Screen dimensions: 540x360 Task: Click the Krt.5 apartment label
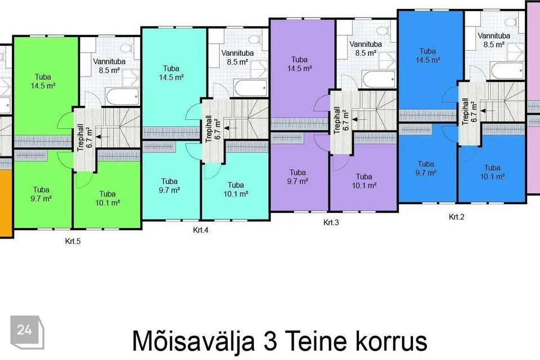[73, 241]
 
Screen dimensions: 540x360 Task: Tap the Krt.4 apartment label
[200, 230]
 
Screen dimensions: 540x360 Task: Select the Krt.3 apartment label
[331, 223]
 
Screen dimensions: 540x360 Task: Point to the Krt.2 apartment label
[456, 217]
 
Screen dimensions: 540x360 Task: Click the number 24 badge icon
[27, 332]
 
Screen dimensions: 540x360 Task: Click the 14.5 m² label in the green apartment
[43, 85]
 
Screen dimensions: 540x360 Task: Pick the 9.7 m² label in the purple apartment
[298, 181]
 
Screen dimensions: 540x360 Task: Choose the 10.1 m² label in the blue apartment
[493, 177]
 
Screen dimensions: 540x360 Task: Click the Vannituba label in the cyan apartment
[237, 53]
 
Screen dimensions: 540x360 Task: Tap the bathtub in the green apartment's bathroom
[123, 96]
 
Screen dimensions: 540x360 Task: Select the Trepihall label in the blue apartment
[465, 111]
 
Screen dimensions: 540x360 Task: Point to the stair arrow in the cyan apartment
[231, 128]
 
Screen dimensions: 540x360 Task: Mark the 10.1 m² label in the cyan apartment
[236, 194]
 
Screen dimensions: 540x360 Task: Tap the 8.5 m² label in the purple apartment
[366, 53]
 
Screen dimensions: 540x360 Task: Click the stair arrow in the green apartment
[103, 137]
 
